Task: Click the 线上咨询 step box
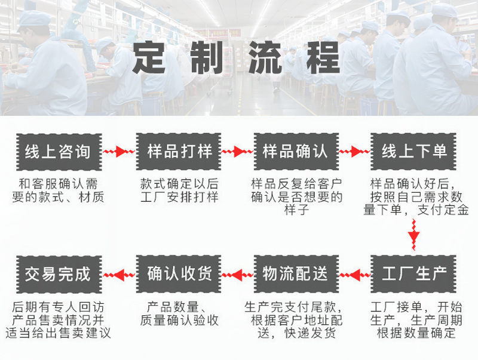(59, 152)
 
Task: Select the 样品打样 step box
(179, 152)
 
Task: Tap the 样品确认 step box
(296, 152)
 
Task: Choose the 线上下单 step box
(413, 152)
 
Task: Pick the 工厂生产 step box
(413, 274)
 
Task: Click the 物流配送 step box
(296, 274)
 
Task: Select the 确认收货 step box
(179, 274)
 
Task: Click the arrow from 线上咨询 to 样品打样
(119, 152)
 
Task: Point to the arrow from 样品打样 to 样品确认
(237, 152)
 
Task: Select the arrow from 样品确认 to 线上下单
(354, 152)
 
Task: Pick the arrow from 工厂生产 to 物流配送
(355, 275)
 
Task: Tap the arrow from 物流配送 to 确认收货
(237, 275)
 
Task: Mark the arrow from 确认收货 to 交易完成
(119, 275)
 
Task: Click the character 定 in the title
(149, 58)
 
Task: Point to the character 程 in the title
(323, 58)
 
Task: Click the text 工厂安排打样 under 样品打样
(179, 198)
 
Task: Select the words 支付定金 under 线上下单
(443, 210)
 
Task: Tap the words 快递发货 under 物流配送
(310, 333)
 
